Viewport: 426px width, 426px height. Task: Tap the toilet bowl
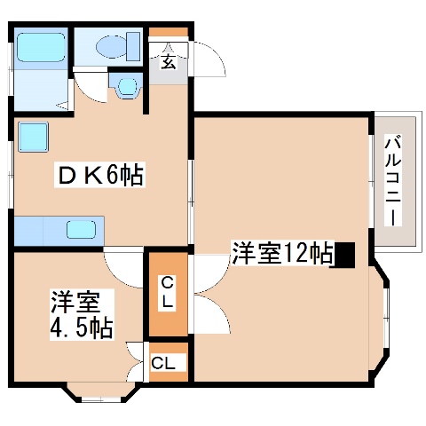[114, 45]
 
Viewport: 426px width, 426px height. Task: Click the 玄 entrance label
[168, 61]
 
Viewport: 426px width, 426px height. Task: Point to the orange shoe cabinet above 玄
[168, 35]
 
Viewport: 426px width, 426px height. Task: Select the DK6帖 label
[99, 176]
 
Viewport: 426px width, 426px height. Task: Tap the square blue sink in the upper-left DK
[34, 137]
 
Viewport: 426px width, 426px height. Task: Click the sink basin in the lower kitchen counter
[86, 230]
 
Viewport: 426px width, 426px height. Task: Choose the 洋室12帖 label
[281, 254]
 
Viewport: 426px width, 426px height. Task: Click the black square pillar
[344, 255]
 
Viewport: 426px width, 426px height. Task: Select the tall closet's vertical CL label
[167, 293]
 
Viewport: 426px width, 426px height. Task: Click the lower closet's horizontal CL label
[168, 362]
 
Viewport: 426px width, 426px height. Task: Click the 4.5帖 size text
[81, 328]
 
